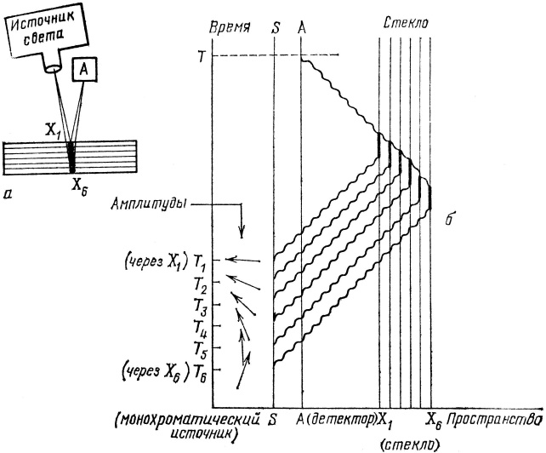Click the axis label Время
pos(235,26)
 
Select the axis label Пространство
pos(495,421)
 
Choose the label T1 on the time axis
pos(202,260)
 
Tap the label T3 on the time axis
pos(202,304)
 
